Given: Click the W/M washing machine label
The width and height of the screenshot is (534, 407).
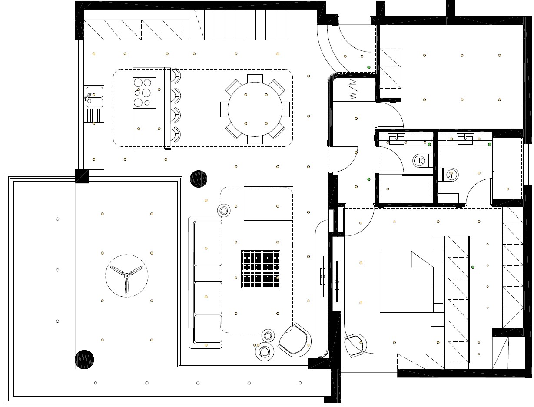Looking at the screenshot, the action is (352, 89).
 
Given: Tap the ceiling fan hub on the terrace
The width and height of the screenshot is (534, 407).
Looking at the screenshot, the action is (126, 276).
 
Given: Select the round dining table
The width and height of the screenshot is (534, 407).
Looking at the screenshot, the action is (255, 109).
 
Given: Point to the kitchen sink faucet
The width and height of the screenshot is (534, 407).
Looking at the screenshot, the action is (88, 97).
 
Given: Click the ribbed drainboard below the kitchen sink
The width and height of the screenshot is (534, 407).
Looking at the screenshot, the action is (94, 115).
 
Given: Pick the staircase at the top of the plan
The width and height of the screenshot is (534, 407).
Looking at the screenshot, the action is (245, 25).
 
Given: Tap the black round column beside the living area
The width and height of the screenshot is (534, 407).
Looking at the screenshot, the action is (199, 179).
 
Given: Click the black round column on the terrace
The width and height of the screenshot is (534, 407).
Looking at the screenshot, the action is (84, 359).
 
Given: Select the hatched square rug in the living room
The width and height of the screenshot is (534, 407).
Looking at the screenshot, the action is (261, 269).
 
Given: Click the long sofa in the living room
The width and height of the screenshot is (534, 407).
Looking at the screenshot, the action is (206, 282).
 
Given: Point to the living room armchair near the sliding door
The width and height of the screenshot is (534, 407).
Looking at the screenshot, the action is (295, 340).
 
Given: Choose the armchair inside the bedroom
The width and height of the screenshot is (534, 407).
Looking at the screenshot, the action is (355, 345).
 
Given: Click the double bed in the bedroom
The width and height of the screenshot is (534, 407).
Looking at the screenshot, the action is (406, 282).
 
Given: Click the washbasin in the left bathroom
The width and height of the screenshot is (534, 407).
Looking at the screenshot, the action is (397, 139).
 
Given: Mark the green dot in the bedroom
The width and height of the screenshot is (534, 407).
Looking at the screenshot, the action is (473, 267).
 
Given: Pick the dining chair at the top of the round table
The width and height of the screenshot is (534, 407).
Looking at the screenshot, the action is (255, 79).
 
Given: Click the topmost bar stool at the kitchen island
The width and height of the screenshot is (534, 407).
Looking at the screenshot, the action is (176, 76).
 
